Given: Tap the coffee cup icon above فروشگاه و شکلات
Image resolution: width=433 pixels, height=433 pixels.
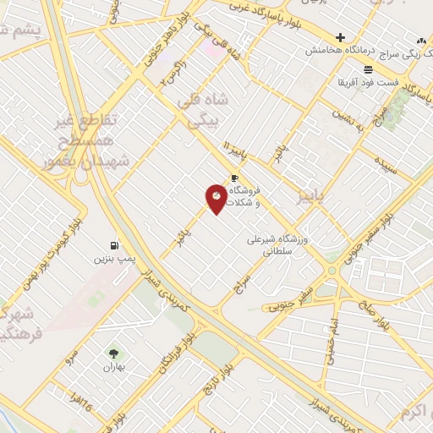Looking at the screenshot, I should pyautogui.click(x=234, y=178).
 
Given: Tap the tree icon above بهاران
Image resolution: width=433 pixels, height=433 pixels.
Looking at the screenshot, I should pyautogui.click(x=113, y=354).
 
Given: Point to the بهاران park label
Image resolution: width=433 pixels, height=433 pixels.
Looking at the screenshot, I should pyautogui.click(x=113, y=368).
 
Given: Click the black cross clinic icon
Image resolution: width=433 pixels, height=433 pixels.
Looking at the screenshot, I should pyautogui.click(x=340, y=37).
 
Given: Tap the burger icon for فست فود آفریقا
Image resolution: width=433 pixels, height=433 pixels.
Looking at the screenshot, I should pyautogui.click(x=368, y=69).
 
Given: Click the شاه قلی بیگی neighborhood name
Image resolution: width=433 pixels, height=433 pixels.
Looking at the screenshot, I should pyautogui.click(x=201, y=111).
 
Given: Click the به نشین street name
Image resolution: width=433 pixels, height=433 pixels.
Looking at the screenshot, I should pyautogui.click(x=347, y=113).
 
